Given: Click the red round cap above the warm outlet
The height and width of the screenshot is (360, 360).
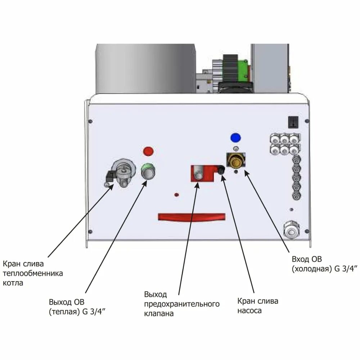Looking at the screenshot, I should pyautogui.click(x=148, y=151).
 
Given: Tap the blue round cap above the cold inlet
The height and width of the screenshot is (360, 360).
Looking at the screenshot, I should pyautogui.click(x=236, y=137).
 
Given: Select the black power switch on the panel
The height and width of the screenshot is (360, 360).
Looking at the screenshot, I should pyautogui.click(x=293, y=122).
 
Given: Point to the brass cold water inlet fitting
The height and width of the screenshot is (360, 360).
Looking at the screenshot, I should pyautogui.click(x=236, y=161).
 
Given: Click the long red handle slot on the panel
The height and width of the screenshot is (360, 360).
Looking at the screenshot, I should pyautogui.click(x=191, y=217).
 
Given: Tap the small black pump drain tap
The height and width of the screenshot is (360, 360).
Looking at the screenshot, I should pyautogui.click(x=221, y=169).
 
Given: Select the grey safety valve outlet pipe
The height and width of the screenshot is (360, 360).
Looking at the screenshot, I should pyautogui.click(x=198, y=176).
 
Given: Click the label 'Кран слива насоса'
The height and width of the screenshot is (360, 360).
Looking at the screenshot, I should pyautogui.click(x=258, y=306).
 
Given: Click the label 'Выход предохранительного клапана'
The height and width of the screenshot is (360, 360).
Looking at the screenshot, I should pyautogui.click(x=181, y=304).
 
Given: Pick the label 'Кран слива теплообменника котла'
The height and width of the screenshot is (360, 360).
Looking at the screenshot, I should pyautogui.click(x=33, y=273).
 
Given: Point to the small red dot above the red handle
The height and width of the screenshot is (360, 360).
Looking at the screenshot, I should pyautogui.click(x=176, y=195).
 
